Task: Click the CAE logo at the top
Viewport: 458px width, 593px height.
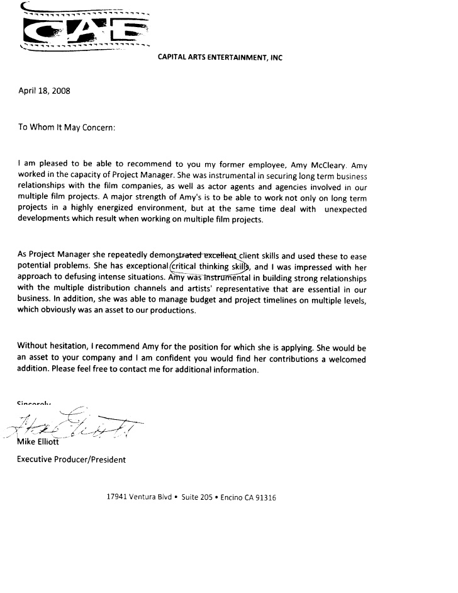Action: pos(85,28)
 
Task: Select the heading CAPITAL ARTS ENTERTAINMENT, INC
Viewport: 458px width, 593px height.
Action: pos(220,57)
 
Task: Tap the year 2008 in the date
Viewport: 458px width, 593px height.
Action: pos(60,90)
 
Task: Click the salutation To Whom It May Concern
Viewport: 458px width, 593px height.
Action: pos(66,127)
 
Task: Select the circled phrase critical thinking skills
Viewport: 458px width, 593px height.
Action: pos(206,266)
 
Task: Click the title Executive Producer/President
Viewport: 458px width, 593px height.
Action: pos(71,460)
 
